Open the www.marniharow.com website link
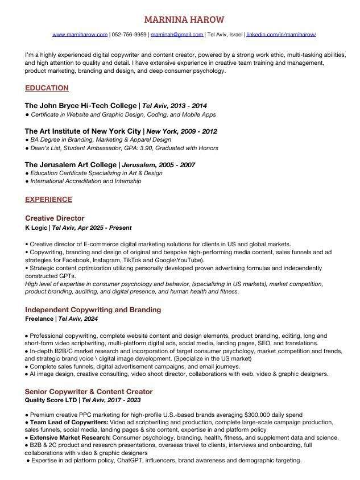(80, 35)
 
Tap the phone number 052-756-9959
(129, 35)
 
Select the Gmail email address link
(177, 35)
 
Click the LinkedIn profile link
(281, 35)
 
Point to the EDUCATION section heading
(47, 88)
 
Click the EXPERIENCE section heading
(48, 200)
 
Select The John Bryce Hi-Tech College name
(81, 106)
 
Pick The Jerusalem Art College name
(71, 165)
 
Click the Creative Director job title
(55, 218)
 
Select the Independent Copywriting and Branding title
(93, 310)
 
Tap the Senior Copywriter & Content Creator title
(89, 392)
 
